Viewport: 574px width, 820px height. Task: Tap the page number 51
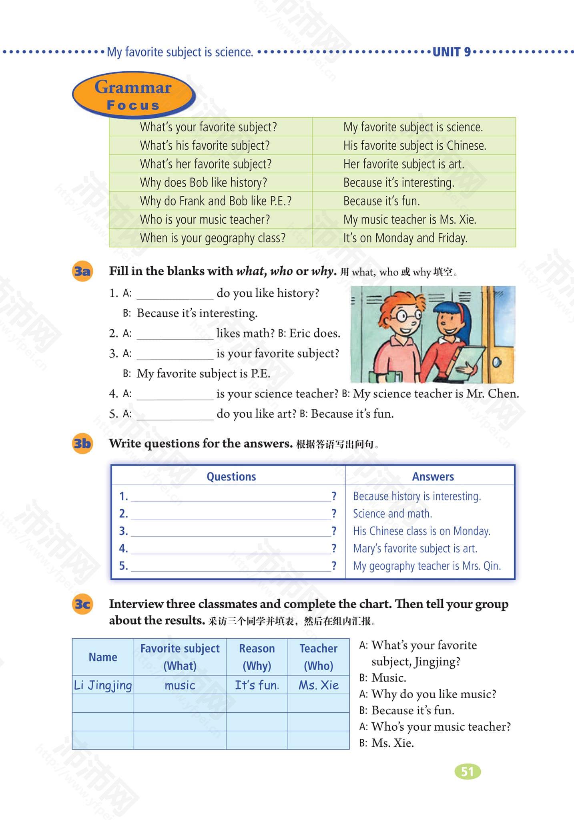(468, 771)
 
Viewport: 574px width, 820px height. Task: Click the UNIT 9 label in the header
(452, 52)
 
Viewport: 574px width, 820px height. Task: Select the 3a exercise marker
(82, 271)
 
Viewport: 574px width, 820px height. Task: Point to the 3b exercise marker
(82, 444)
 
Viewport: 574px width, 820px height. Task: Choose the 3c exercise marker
(82, 604)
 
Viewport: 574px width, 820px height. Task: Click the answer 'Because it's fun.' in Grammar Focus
(381, 201)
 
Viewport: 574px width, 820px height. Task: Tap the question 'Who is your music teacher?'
(205, 219)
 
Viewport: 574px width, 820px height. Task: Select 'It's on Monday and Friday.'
(405, 238)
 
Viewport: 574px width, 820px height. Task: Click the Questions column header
(231, 476)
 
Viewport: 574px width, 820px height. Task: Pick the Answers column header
(433, 476)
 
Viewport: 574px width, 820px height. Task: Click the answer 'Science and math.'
(392, 514)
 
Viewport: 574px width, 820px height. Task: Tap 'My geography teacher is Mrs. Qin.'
(427, 566)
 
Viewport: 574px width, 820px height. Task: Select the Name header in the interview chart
(103, 657)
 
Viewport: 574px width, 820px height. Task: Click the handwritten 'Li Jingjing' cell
(103, 685)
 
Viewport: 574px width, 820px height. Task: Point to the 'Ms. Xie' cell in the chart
(319, 685)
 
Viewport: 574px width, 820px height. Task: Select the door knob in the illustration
(496, 362)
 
